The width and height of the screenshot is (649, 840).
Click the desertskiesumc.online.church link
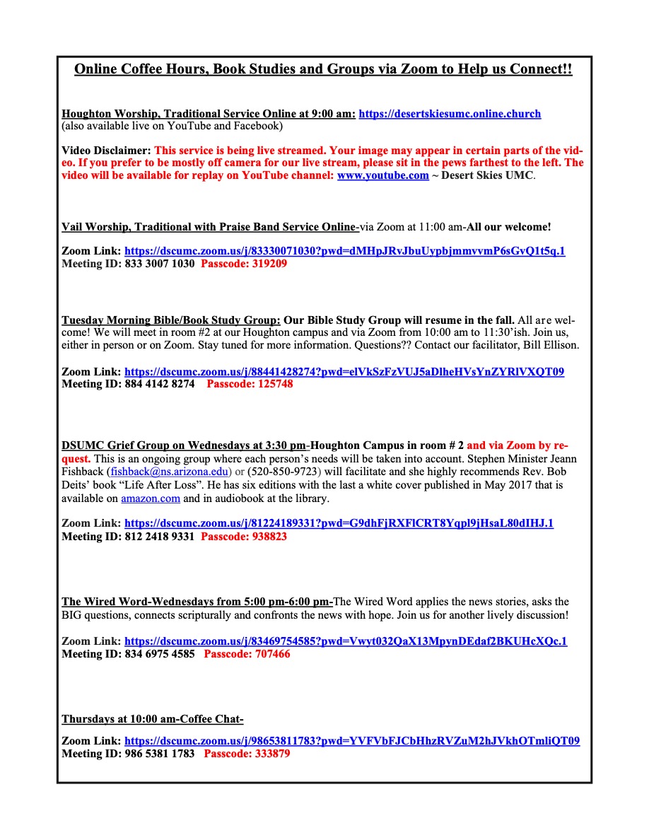[450, 114]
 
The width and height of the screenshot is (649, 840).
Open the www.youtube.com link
[382, 175]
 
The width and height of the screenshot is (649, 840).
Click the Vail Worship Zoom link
[344, 251]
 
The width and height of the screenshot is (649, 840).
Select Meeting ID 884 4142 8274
[128, 384]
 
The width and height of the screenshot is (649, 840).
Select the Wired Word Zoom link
[346, 641]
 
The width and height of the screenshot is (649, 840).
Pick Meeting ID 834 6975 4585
[128, 654]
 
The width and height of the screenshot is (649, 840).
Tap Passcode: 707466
[247, 654]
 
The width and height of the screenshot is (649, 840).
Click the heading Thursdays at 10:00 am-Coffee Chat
[153, 720]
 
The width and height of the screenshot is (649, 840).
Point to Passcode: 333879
[247, 754]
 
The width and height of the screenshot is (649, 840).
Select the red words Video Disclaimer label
[106, 151]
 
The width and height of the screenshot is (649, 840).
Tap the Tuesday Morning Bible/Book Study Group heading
[170, 319]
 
